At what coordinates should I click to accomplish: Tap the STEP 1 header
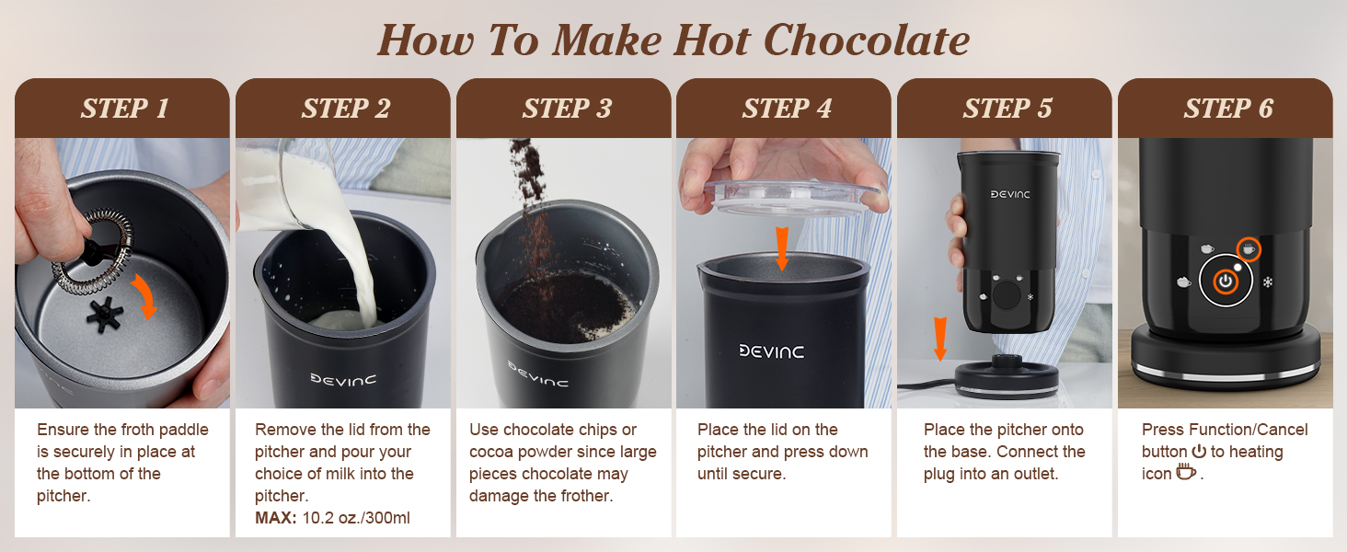pyautogui.click(x=124, y=109)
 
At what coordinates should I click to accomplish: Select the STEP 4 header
pyautogui.click(x=786, y=109)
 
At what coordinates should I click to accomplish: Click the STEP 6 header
pyautogui.click(x=1227, y=109)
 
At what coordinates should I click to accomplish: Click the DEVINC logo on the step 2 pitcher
pyautogui.click(x=343, y=379)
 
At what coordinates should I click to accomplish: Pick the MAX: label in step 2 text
pyautogui.click(x=276, y=518)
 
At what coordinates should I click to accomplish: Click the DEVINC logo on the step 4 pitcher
pyautogui.click(x=771, y=351)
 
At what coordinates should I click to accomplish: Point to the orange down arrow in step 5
pyautogui.click(x=939, y=339)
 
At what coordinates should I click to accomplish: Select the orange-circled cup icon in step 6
pyautogui.click(x=1248, y=248)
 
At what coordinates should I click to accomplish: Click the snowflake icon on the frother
pyautogui.click(x=1267, y=282)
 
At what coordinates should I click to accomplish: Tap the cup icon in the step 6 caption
pyautogui.click(x=1187, y=474)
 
